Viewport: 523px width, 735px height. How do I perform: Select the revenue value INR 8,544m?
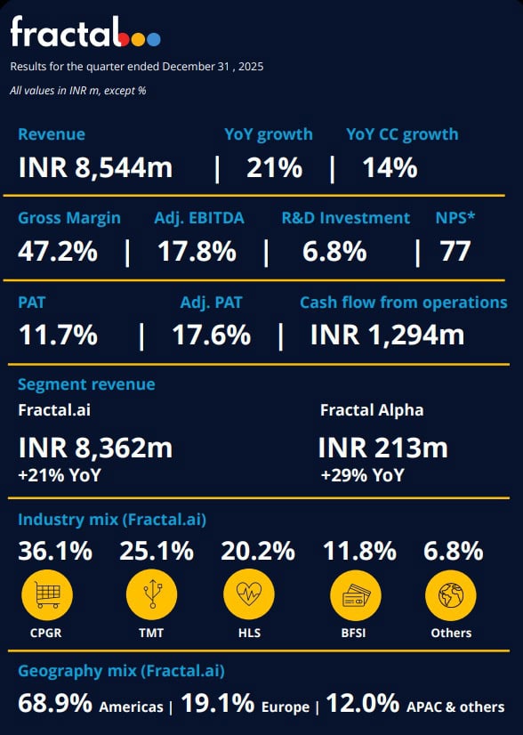click(95, 167)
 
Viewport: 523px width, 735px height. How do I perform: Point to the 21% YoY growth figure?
click(274, 167)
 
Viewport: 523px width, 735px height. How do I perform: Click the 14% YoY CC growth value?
click(390, 167)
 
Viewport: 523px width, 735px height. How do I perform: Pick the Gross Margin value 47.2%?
click(58, 252)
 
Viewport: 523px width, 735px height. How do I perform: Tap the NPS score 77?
click(455, 252)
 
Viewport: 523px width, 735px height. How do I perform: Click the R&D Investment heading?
click(346, 218)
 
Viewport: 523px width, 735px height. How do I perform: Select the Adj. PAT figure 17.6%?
click(211, 335)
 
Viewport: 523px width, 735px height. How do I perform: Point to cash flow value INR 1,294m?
click(387, 335)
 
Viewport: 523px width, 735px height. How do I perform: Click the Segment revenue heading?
click(86, 384)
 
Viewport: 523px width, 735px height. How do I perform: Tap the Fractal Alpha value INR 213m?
click(382, 448)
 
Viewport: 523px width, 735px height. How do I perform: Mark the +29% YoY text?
click(362, 475)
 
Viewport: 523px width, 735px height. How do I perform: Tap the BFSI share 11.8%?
click(359, 552)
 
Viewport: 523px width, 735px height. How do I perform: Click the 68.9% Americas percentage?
click(55, 704)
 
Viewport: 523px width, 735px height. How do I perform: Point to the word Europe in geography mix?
click(286, 707)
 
